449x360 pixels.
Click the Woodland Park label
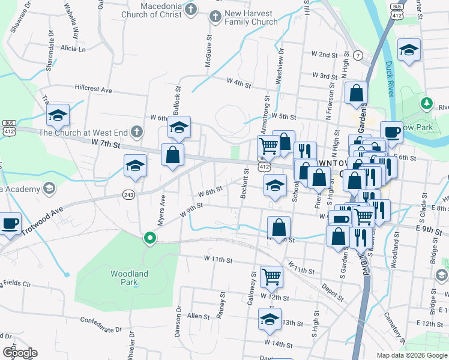[x=129, y=278]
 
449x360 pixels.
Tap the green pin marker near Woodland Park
[x=149, y=239]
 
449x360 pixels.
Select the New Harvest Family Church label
[x=243, y=17]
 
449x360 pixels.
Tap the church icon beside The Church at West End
[x=137, y=131]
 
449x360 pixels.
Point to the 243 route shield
[x=128, y=194]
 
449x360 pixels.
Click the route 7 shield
[x=358, y=56]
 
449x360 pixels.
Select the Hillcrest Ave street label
[x=94, y=89]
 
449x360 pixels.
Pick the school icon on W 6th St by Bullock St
[x=179, y=127]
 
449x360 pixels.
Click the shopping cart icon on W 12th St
[x=271, y=276]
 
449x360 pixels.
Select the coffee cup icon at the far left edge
[x=9, y=223]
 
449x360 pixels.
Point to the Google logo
[x=20, y=353]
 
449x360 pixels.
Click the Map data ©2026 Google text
[x=411, y=355]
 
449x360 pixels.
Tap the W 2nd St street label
[x=324, y=54]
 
